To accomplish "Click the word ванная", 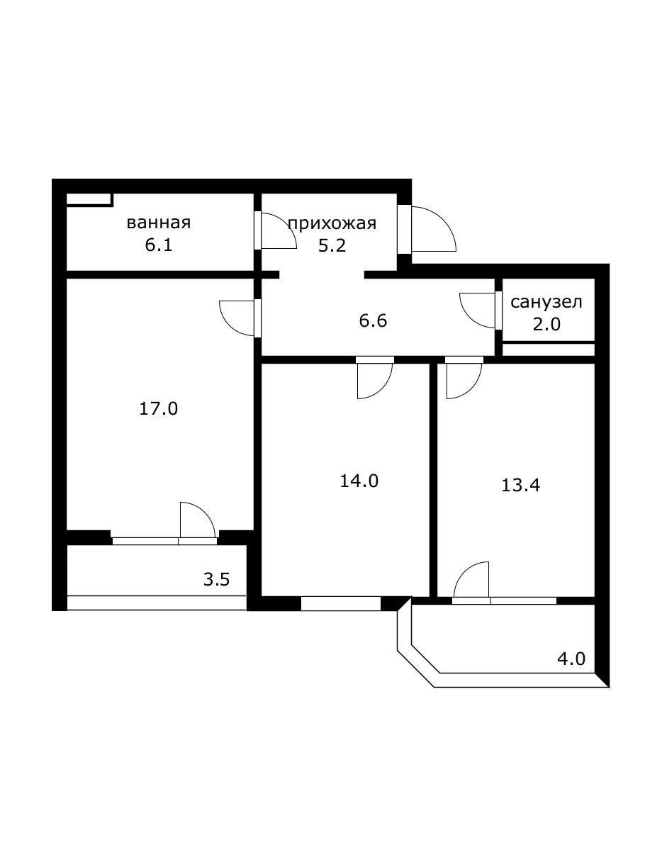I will click(158, 223).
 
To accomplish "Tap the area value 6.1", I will click(158, 246).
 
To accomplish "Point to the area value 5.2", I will click(332, 249).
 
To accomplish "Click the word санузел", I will click(546, 302).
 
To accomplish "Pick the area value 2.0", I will click(546, 325).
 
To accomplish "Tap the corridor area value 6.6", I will click(373, 321).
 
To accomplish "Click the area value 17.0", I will click(158, 408).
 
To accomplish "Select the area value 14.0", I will click(359, 481).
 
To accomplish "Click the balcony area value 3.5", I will click(216, 579).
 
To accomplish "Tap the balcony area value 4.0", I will click(571, 659).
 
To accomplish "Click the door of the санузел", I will click(478, 311).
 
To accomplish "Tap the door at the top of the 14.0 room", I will click(374, 379).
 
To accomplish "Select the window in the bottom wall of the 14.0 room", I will click(341, 604).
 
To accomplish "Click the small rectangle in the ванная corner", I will click(89, 199).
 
